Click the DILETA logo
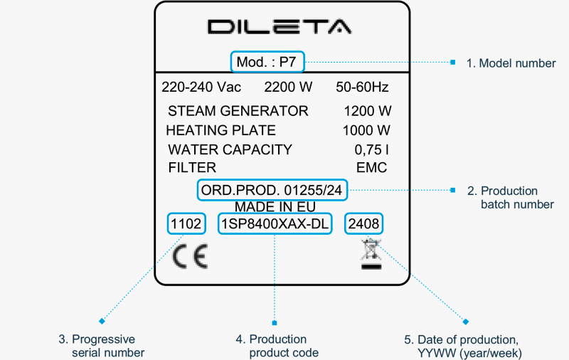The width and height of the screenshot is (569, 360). [280, 27]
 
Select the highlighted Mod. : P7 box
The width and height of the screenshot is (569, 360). [267, 63]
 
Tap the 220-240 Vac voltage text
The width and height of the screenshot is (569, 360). [201, 88]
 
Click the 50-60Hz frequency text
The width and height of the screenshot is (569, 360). [362, 88]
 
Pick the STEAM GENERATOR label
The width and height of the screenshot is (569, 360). [238, 111]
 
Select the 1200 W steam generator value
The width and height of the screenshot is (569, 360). [367, 111]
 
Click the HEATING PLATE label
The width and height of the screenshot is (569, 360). [220, 130]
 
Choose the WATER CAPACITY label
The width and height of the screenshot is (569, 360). [230, 149]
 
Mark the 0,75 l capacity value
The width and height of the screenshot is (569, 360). [372, 149]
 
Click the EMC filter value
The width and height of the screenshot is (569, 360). [372, 168]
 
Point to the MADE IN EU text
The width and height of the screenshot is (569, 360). [275, 207]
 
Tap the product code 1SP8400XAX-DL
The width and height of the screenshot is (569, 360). [275, 225]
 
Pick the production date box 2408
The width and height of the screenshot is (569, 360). [364, 225]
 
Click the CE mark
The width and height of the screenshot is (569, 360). [191, 256]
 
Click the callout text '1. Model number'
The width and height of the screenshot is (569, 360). [511, 63]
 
